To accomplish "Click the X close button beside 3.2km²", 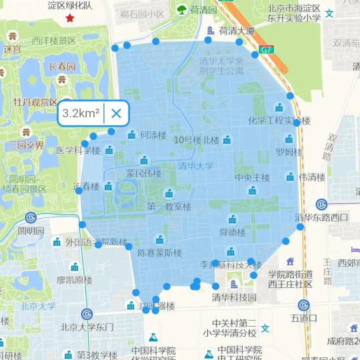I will click(116, 113).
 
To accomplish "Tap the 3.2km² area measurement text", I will click(81, 113).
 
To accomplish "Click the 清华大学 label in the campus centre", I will click(195, 166).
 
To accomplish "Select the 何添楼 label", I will click(153, 135).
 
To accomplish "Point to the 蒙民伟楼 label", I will click(144, 173).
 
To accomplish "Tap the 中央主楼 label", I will click(252, 178).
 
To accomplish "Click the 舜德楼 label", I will click(232, 233).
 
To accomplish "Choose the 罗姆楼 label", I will click(289, 152).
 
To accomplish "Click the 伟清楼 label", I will click(311, 177).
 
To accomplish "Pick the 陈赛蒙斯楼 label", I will click(159, 253).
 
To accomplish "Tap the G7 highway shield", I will click(267, 49).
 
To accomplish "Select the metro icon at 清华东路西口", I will click(321, 204).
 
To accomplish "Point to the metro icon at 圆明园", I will click(31, 217).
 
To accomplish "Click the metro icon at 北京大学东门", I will click(87, 314).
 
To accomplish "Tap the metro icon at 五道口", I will click(303, 305).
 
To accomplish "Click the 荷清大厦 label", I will click(237, 31).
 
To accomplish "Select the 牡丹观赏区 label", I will click(36, 102).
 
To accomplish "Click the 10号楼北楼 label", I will click(196, 140).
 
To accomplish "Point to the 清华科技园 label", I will click(234, 297).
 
